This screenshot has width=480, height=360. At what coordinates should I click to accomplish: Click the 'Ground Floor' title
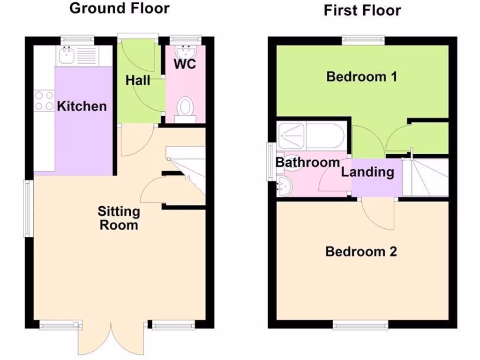click(x=120, y=8)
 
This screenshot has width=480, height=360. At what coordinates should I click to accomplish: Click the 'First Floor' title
click(x=362, y=10)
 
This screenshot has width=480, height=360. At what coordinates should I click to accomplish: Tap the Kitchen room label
click(x=82, y=106)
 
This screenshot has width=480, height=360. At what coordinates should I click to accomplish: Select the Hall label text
click(x=138, y=81)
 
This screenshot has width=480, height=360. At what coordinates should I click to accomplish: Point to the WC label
click(x=185, y=65)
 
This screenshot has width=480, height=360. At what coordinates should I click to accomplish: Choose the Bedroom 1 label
click(x=361, y=76)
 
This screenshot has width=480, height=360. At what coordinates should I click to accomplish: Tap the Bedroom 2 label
click(x=361, y=252)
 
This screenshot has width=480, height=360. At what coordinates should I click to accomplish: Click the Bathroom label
click(x=307, y=163)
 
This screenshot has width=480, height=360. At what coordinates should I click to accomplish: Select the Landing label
click(x=367, y=172)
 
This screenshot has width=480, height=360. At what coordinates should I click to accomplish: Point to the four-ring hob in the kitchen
click(x=44, y=101)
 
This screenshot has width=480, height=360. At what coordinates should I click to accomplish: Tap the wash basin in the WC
click(x=186, y=51)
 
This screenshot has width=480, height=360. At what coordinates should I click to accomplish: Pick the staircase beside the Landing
click(x=425, y=177)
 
